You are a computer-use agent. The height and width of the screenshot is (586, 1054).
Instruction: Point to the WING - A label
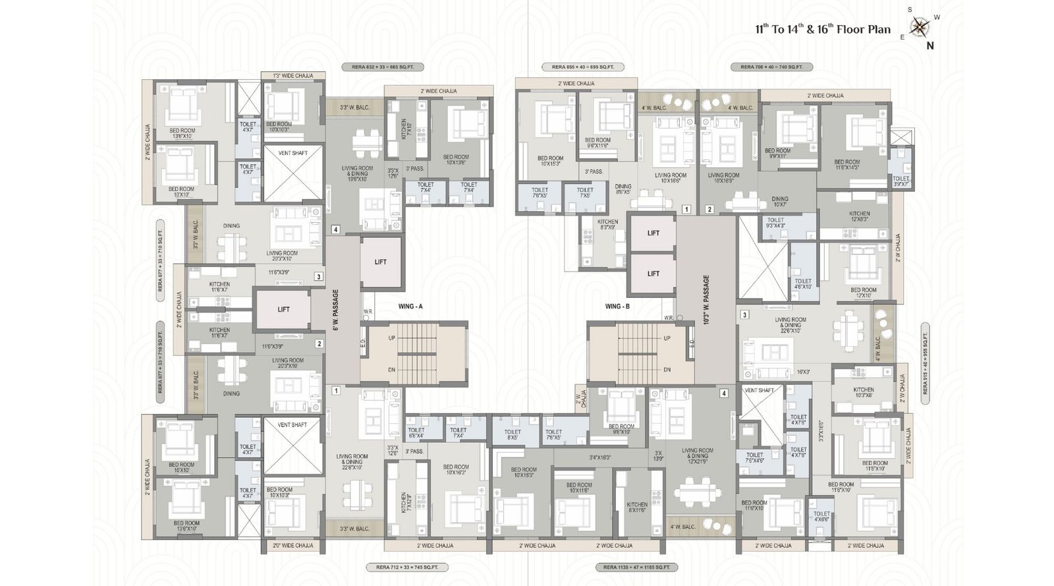pyautogui.click(x=410, y=307)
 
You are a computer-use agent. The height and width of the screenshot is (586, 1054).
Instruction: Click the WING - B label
pyautogui.click(x=618, y=307)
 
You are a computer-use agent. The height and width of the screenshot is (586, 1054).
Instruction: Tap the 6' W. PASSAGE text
pyautogui.click(x=335, y=310)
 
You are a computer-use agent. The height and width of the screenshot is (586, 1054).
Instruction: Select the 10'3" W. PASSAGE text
pyautogui.click(x=706, y=300)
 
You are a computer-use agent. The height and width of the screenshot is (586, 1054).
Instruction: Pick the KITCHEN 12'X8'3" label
pyautogui.click(x=859, y=217)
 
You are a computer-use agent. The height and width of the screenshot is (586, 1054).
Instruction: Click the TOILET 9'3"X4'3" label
pyautogui.click(x=775, y=223)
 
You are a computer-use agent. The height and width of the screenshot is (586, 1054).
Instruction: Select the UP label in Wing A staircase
pyautogui.click(x=391, y=338)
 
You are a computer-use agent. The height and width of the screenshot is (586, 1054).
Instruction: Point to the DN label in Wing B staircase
pyautogui.click(x=667, y=370)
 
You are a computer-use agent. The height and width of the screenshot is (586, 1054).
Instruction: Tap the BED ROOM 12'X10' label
pyautogui.click(x=863, y=293)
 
